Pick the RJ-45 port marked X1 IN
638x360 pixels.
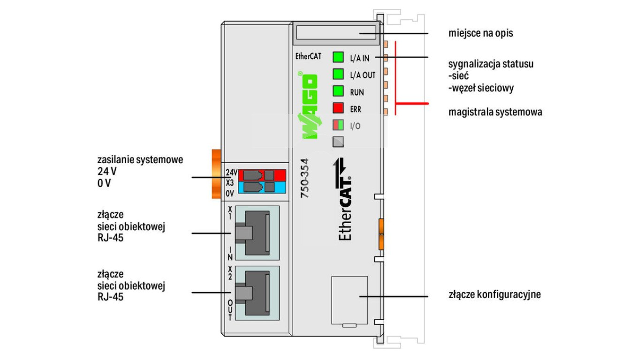[256, 233]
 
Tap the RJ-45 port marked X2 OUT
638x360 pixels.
[256, 293]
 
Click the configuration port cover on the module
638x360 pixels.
[349, 300]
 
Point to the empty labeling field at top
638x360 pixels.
[335, 33]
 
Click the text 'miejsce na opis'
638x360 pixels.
[480, 34]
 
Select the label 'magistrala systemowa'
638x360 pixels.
[495, 112]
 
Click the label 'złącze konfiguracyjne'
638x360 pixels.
[494, 295]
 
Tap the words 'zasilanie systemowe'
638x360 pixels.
[140, 160]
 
